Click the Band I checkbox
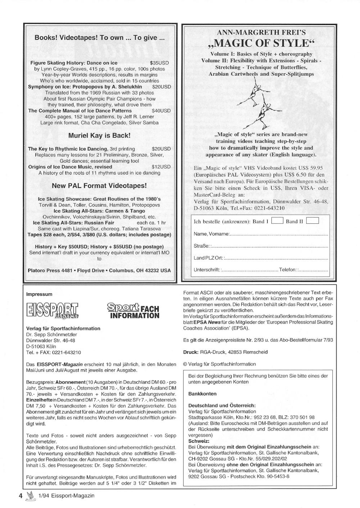click(x=277, y=221)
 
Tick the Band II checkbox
click(x=312, y=221)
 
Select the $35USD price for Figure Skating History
click(x=159, y=63)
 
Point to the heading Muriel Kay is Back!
click(x=99, y=136)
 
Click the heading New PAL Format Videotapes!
click(x=99, y=186)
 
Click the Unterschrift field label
click(x=207, y=269)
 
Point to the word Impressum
click(x=39, y=294)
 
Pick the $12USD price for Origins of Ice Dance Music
click(x=161, y=167)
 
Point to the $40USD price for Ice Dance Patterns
click(x=161, y=111)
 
